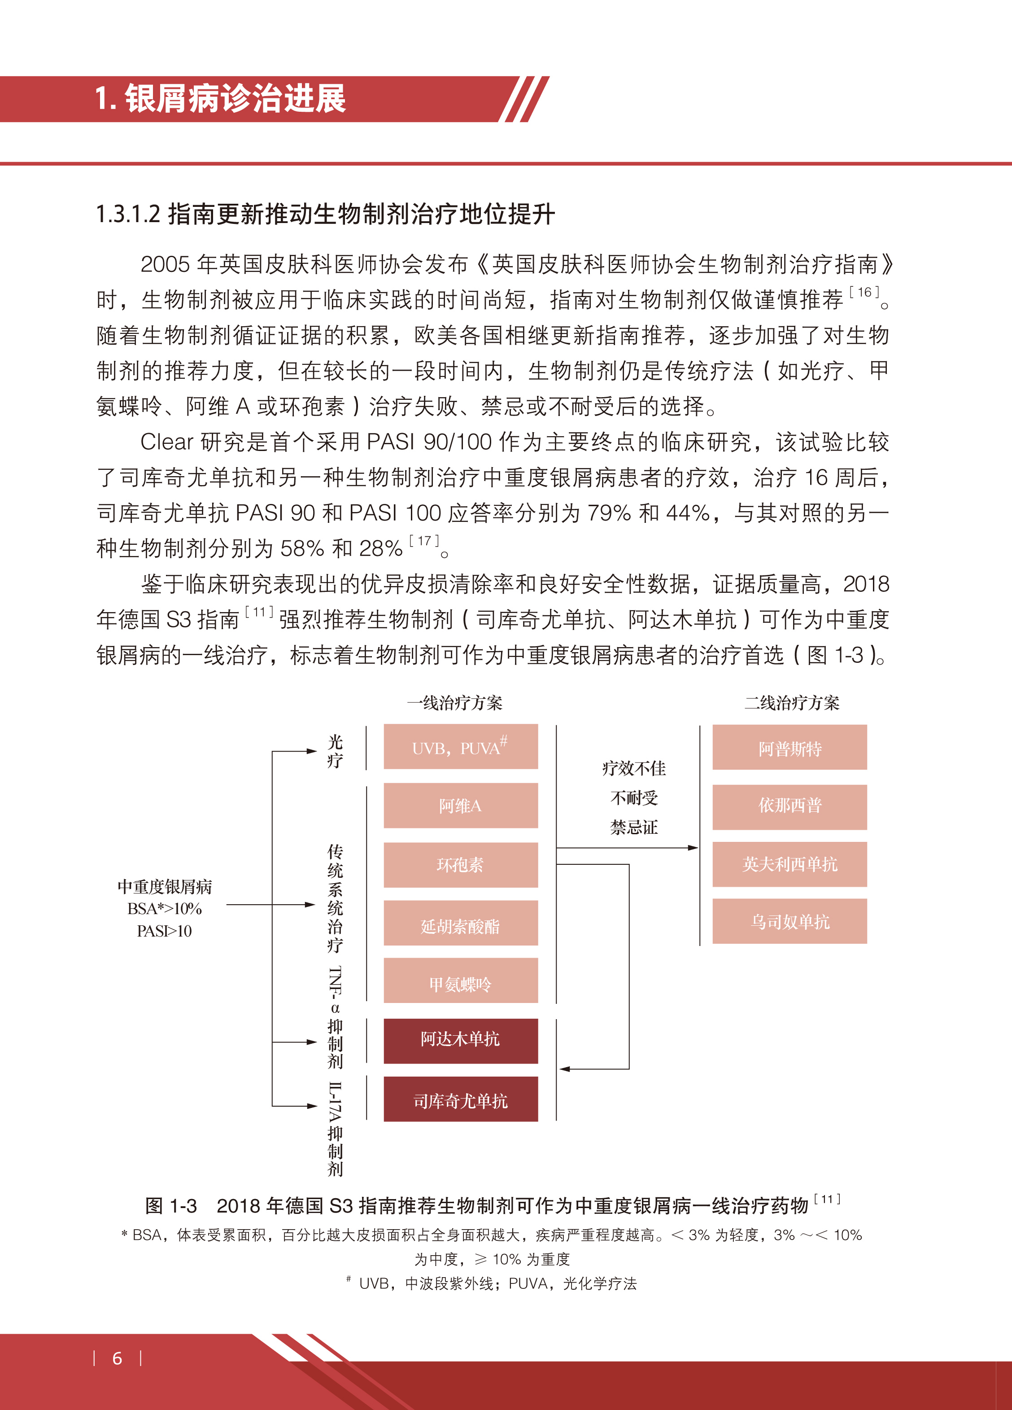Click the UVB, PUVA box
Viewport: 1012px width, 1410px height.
click(460, 747)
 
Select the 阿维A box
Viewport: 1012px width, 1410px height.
click(460, 806)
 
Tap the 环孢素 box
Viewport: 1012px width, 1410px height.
click(460, 865)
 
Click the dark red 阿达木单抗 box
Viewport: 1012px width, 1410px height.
click(460, 1041)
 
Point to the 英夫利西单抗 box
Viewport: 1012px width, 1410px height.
click(790, 864)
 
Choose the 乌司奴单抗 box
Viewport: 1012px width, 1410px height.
click(790, 921)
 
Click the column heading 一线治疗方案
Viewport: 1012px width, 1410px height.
click(454, 703)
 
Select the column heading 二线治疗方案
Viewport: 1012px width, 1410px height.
click(792, 703)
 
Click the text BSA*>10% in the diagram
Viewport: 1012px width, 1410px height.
click(164, 909)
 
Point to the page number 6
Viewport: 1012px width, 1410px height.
click(117, 1358)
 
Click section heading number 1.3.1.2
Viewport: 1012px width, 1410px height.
click(128, 215)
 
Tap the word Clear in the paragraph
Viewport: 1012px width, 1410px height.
click(166, 442)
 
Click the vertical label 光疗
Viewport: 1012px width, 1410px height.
click(335, 751)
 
